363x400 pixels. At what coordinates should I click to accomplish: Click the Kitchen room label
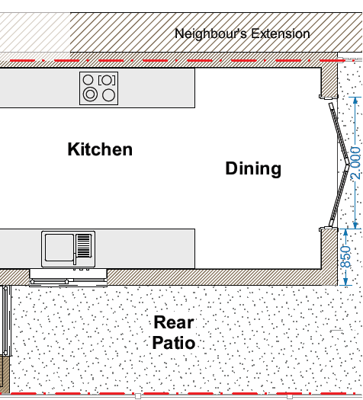[100, 149]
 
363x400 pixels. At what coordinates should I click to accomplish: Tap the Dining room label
[253, 169]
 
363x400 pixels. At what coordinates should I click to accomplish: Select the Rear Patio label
[174, 332]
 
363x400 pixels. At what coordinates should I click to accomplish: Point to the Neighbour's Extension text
[243, 34]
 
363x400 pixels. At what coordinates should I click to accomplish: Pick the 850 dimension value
[346, 257]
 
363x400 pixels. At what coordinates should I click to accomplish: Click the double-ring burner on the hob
[90, 94]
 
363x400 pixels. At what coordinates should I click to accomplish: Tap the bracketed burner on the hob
[107, 80]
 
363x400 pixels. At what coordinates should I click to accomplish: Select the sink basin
[59, 248]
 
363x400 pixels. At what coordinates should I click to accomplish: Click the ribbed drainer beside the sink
[84, 245]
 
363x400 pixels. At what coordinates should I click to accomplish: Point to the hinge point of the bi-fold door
[348, 165]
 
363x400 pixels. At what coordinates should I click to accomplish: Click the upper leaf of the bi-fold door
[339, 133]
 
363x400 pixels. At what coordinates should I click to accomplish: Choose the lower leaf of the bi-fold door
[339, 196]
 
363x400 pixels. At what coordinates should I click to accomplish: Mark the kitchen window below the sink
[68, 277]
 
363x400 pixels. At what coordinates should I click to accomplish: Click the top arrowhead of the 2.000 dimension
[355, 100]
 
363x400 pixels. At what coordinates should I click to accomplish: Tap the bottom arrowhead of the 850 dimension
[345, 282]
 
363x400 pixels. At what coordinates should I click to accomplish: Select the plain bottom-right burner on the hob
[108, 95]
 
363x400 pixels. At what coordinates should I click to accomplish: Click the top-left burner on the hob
[88, 80]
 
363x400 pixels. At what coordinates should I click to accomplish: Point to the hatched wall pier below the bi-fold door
[329, 248]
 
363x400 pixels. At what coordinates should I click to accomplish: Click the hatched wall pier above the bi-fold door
[329, 82]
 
